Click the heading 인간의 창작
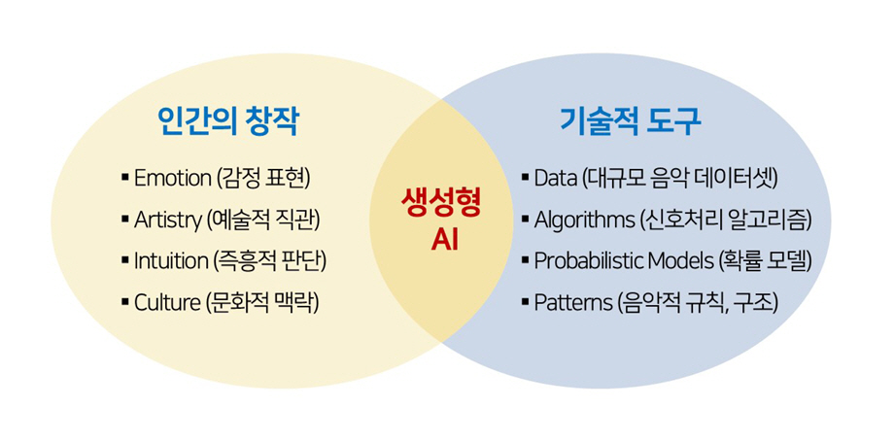click(x=227, y=120)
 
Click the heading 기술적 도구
click(x=632, y=120)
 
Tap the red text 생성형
click(x=440, y=205)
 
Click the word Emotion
click(x=172, y=179)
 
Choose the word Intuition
click(x=171, y=261)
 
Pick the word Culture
click(x=166, y=302)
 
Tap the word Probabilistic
click(x=588, y=261)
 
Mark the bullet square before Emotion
click(x=124, y=179)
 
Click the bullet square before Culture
click(x=124, y=303)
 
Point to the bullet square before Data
click(x=525, y=179)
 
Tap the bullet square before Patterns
click(x=525, y=303)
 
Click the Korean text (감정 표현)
click(x=263, y=179)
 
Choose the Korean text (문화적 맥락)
click(x=262, y=302)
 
